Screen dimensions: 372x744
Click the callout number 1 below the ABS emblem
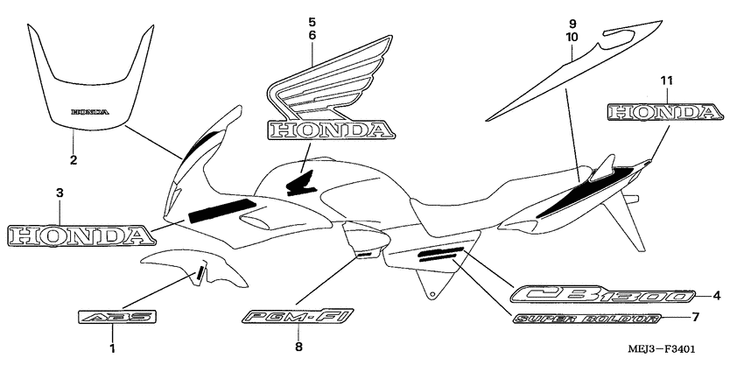[x=112, y=349]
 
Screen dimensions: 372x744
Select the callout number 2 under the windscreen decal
[x=74, y=159]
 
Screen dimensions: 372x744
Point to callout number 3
[x=60, y=192]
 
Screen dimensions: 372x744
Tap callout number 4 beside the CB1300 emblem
[x=717, y=295]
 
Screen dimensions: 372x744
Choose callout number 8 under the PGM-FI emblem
[x=298, y=347]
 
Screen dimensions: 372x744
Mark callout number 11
[x=666, y=81]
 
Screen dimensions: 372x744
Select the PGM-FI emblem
[x=298, y=317]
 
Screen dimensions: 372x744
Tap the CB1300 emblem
[x=603, y=295]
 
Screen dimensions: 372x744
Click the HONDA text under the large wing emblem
[x=331, y=131]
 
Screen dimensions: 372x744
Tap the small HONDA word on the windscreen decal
[x=90, y=112]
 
